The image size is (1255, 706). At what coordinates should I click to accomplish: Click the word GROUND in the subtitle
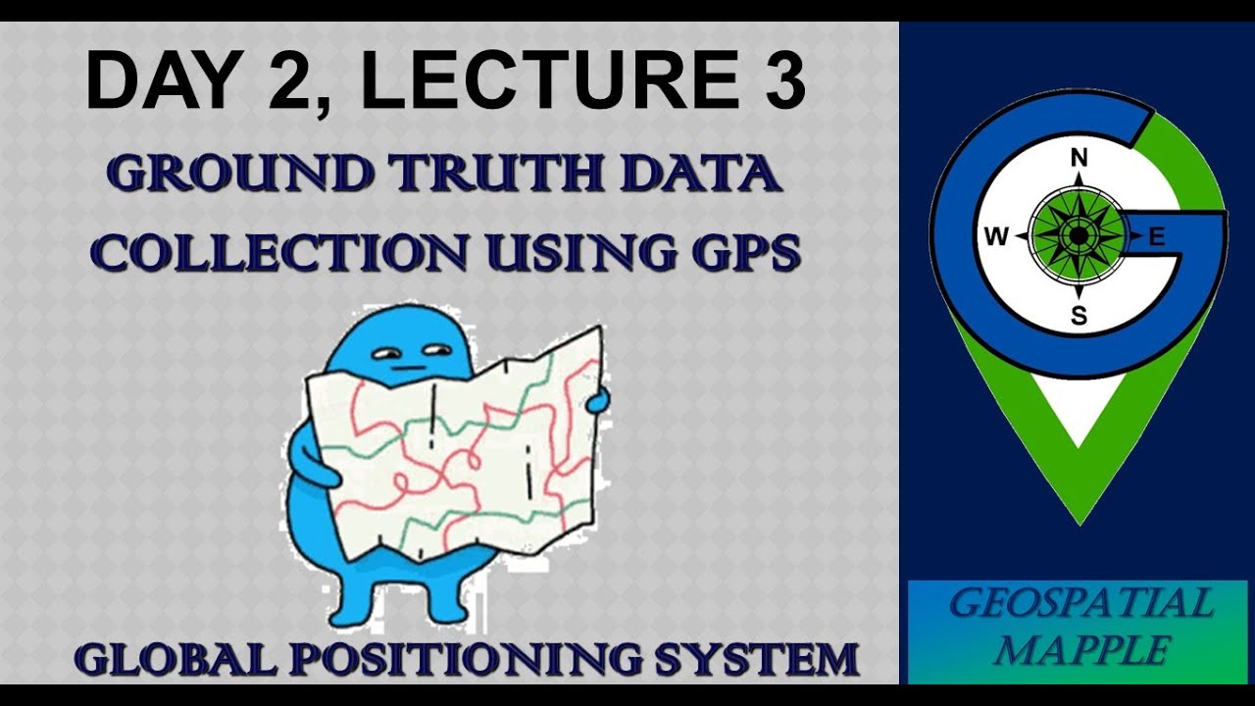click(240, 175)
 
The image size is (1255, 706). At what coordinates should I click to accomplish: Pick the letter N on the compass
click(1079, 159)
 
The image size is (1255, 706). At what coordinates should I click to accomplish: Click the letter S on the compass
click(1079, 316)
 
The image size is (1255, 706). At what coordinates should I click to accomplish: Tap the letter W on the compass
click(996, 236)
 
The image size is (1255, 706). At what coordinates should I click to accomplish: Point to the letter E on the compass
click(1156, 236)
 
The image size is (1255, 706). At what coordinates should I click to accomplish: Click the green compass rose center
click(1079, 236)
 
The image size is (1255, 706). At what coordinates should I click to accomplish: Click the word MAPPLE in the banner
click(1079, 650)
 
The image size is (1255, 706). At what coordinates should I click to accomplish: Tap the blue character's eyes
click(412, 352)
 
